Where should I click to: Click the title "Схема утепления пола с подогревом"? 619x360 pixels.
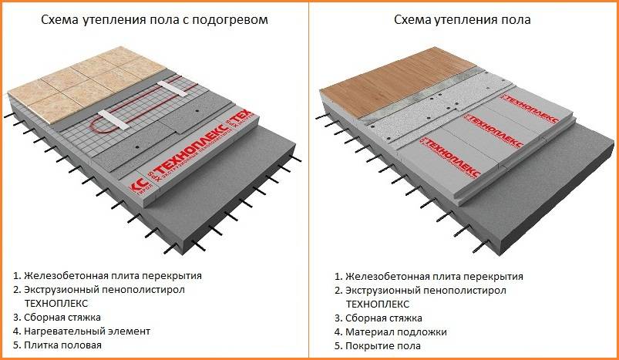point(154,20)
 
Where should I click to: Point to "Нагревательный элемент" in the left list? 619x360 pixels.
point(86,331)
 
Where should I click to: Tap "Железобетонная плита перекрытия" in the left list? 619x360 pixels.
point(113,275)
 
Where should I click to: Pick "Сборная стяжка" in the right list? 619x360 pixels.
point(383,318)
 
